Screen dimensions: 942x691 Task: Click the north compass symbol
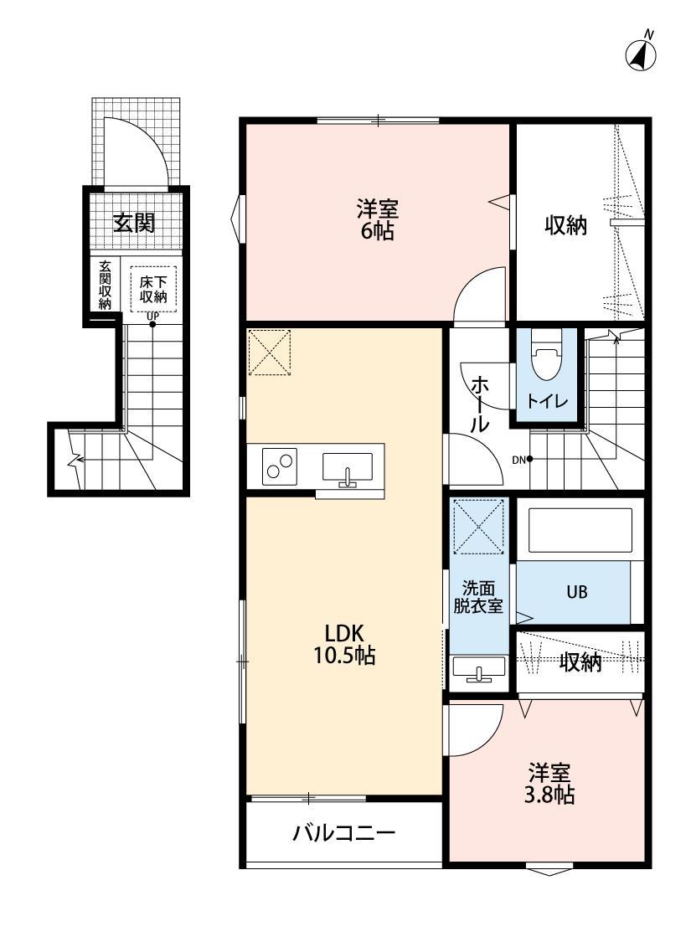tap(642, 54)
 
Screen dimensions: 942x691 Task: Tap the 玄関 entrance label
tap(134, 223)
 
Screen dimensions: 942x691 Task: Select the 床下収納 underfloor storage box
tap(152, 289)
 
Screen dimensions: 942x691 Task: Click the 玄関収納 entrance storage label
tap(105, 286)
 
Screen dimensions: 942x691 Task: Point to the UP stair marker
tap(152, 318)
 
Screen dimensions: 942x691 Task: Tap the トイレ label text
tap(547, 403)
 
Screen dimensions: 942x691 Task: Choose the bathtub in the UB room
tap(580, 530)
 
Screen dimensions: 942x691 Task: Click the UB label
tap(575, 592)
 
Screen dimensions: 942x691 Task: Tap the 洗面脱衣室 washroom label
tap(478, 597)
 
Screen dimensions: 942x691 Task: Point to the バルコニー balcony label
tap(343, 833)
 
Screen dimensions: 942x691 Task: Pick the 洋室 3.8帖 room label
tap(550, 783)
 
